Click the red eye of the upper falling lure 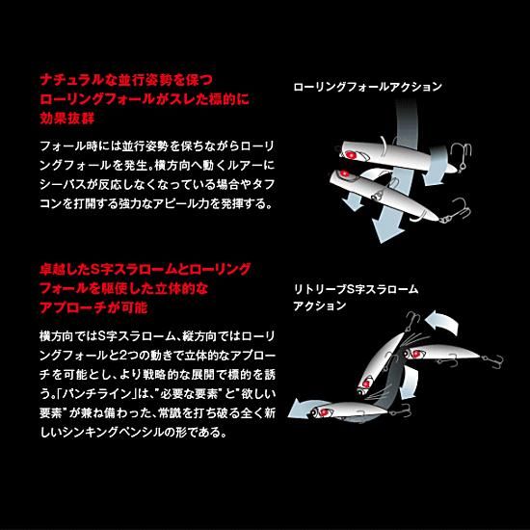(351, 155)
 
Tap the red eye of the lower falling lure (344, 173)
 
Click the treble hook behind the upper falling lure (462, 154)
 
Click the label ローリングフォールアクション (368, 87)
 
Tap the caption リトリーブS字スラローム (356, 289)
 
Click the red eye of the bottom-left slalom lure (325, 412)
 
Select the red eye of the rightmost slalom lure (416, 354)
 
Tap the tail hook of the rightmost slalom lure (494, 360)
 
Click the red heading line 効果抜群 (67, 119)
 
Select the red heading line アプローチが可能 (93, 307)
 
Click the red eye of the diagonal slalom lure (366, 384)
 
